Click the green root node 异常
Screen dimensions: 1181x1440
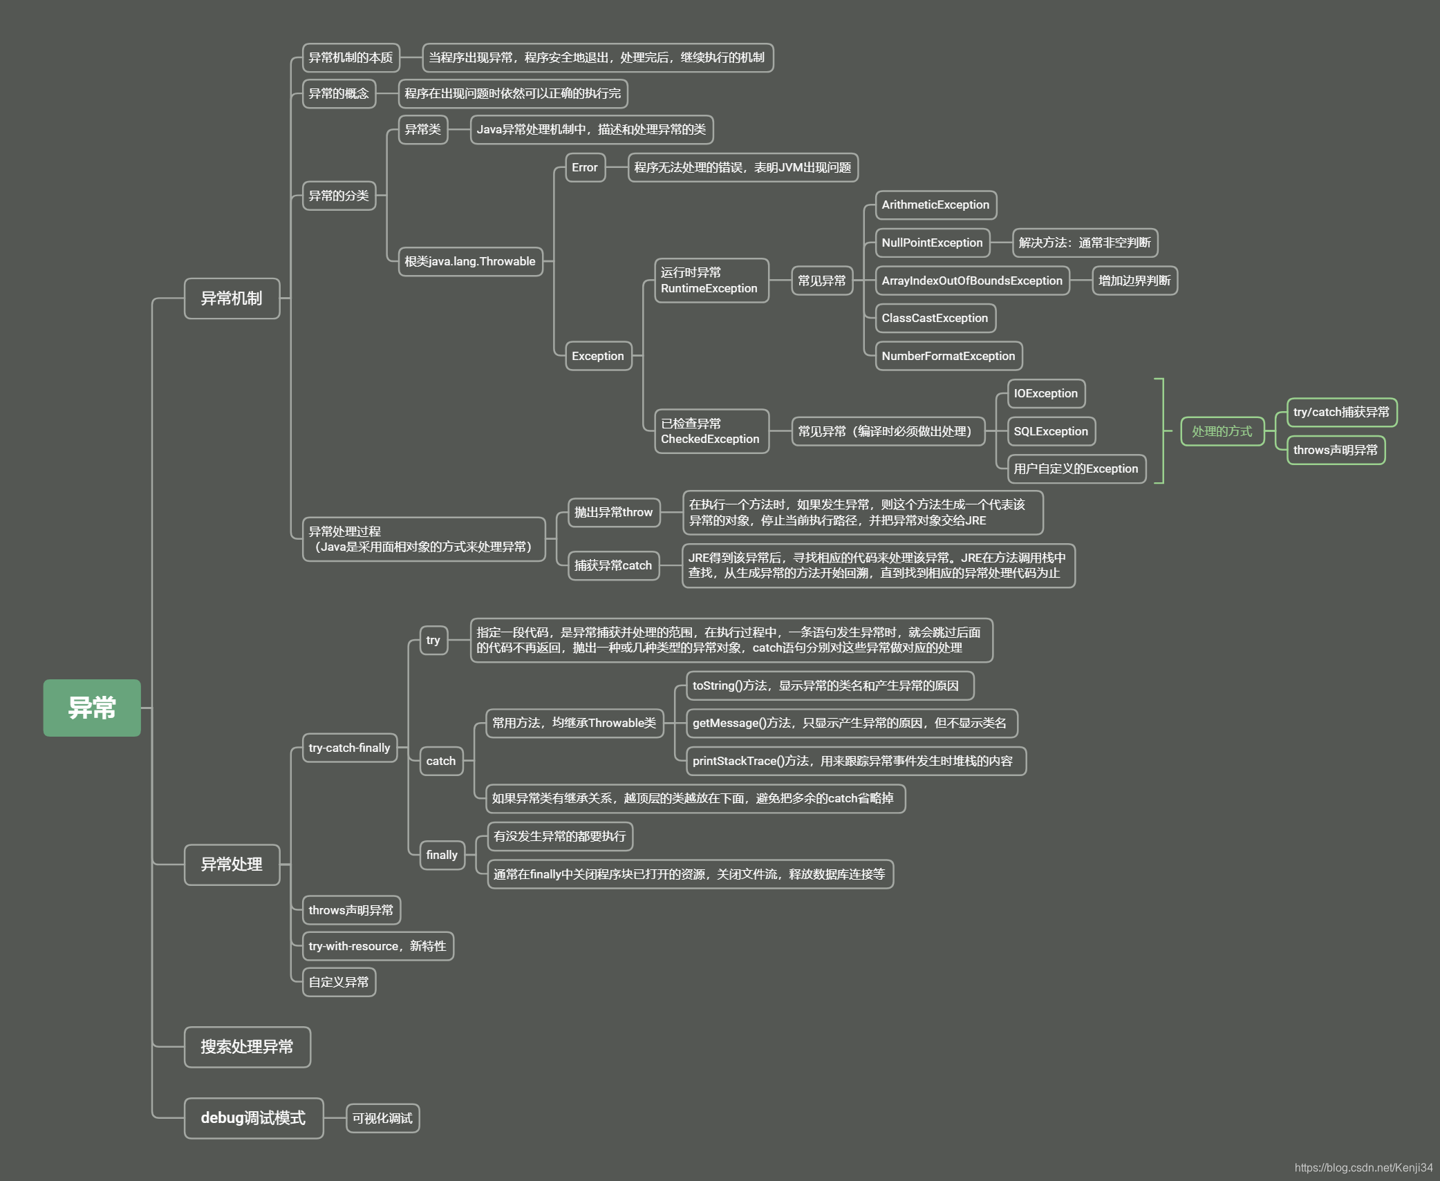[x=92, y=708]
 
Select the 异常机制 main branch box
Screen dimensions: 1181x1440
[x=232, y=299]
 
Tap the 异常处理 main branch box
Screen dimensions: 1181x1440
[x=232, y=865]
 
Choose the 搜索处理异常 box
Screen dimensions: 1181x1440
[x=247, y=1047]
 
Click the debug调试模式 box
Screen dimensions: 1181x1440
[x=253, y=1118]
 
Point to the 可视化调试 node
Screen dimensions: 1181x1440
[x=382, y=1118]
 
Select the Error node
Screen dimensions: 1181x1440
[x=585, y=167]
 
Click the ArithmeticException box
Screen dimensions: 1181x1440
[x=935, y=205]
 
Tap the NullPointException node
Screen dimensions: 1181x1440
[x=932, y=243]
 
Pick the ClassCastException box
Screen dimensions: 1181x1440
[x=935, y=318]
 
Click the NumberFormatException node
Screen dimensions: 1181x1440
[x=948, y=356]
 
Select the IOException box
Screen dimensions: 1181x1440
[x=1046, y=393]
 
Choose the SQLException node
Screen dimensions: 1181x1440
[x=1051, y=431]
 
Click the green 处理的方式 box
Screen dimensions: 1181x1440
[x=1222, y=431]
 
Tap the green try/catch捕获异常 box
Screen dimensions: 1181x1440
[x=1341, y=413]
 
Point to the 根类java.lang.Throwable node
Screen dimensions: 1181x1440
[x=470, y=261]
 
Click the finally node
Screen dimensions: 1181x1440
[x=442, y=855]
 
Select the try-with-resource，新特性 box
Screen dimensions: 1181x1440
[x=377, y=946]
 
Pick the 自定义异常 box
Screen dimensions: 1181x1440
[x=339, y=982]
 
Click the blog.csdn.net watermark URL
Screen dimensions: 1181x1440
[x=1363, y=1167]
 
